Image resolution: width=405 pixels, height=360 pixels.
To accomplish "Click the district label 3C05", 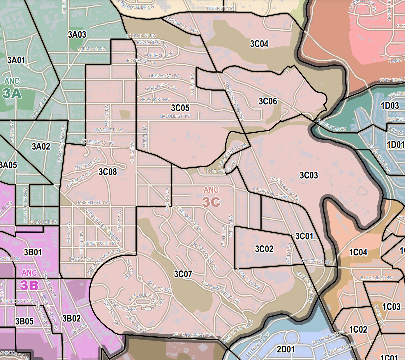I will [180, 108].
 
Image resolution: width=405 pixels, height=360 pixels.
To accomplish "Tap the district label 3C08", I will [108, 172].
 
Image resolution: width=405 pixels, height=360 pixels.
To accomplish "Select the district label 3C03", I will [309, 175].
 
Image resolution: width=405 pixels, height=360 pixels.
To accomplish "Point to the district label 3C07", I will [183, 274].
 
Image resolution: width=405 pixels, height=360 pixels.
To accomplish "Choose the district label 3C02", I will [264, 249].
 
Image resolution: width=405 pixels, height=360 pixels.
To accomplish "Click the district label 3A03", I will [77, 35].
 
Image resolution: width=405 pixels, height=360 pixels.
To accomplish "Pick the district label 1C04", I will [358, 252].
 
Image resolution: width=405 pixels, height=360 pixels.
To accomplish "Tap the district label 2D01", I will [286, 349].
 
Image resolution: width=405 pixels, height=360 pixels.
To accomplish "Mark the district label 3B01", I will [33, 252].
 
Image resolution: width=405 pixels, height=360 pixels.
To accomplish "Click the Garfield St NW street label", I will [92, 203].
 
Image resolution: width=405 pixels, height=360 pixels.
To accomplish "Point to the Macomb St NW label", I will [175, 116].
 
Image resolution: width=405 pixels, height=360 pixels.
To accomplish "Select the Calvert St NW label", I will [316, 261].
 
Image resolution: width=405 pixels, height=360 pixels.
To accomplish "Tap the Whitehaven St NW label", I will [192, 335].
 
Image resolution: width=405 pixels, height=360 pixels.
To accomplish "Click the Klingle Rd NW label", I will [332, 125].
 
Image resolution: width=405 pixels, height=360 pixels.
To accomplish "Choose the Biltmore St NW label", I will [376, 278].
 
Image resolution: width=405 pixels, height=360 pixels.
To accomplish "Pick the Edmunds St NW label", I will [100, 243].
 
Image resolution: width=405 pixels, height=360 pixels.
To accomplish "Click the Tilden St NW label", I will [220, 8].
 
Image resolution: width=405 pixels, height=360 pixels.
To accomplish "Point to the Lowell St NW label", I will [108, 130].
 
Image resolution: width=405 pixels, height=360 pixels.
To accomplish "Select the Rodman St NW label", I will [141, 36].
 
